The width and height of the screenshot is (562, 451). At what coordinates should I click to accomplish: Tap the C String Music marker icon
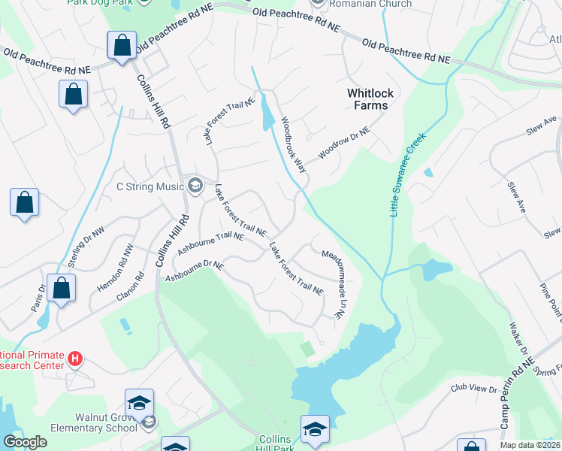[x=195, y=186]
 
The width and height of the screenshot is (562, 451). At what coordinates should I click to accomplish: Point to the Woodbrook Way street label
[x=294, y=144]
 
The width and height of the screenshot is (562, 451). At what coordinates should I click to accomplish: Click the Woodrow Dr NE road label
[x=344, y=143]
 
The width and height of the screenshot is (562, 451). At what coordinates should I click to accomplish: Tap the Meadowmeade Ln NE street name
[x=332, y=285]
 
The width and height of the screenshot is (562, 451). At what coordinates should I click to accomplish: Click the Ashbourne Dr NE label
[x=195, y=272]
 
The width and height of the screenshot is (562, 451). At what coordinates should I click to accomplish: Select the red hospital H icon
[x=74, y=359]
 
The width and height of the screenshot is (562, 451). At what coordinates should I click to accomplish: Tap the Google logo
[x=25, y=442]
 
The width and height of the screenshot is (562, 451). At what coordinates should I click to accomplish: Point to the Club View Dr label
[x=474, y=389]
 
